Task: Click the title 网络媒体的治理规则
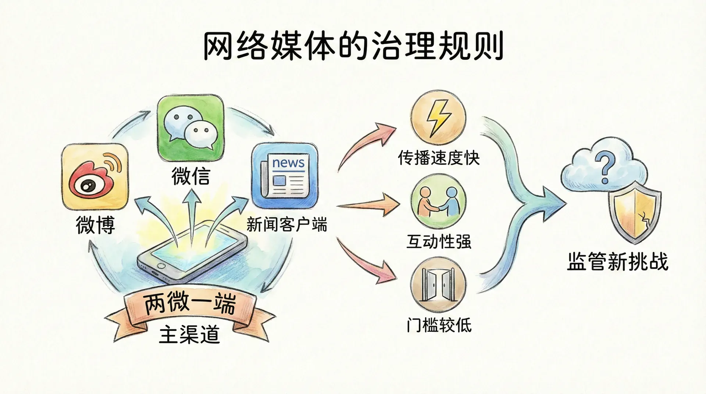[353, 47]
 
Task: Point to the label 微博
[95, 225]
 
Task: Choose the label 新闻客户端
[287, 224]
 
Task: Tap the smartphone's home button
[161, 265]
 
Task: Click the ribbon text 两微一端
[190, 304]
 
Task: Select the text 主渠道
[189, 334]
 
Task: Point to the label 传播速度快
[439, 158]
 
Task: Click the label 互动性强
[439, 241]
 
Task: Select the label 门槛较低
[439, 325]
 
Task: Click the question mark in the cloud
[604, 168]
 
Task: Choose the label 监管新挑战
[617, 262]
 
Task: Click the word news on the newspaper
[288, 163]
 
